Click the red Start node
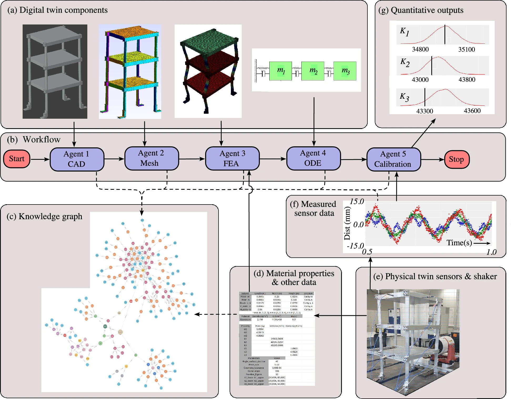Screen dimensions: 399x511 point(17,159)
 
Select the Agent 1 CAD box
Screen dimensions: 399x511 point(77,159)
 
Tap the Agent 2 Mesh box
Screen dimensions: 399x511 point(151,158)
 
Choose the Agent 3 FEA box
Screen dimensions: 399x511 point(232,158)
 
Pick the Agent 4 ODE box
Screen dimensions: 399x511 point(313,158)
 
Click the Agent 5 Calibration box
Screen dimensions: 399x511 point(393,159)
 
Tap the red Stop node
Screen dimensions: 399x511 point(457,159)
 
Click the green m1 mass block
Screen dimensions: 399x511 point(281,71)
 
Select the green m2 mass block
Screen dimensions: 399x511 point(313,71)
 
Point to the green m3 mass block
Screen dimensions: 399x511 point(345,71)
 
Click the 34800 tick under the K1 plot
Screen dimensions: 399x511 point(420,49)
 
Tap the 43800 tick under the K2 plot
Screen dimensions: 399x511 point(467,80)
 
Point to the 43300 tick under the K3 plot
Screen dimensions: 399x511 point(424,111)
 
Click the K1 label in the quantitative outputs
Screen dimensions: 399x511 point(404,32)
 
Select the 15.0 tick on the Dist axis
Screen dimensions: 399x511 point(357,202)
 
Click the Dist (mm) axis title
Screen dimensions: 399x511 point(347,223)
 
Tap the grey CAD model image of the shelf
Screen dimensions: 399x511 point(55,71)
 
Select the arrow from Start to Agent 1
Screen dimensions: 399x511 point(40,159)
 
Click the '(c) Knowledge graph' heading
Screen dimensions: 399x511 point(44,216)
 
